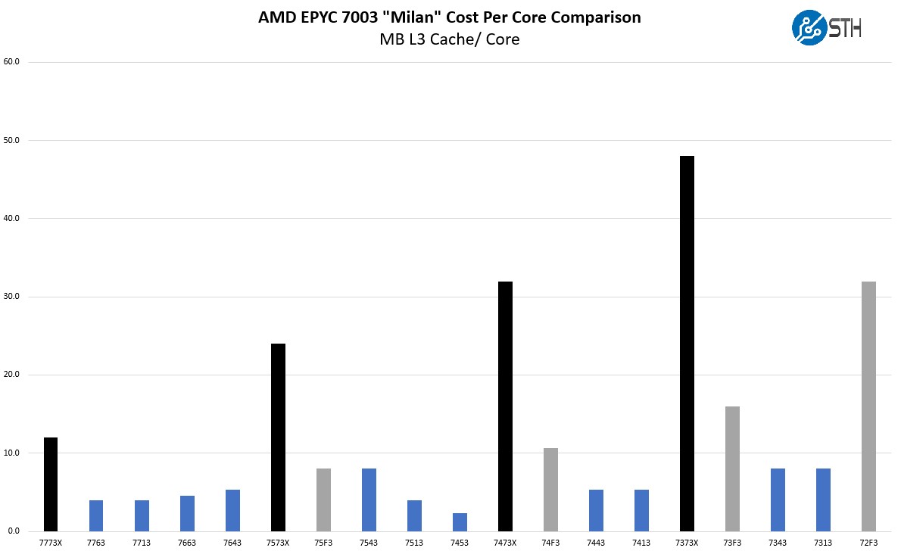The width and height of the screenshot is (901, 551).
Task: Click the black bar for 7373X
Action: (x=687, y=344)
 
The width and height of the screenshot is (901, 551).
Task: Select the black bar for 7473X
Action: (x=505, y=406)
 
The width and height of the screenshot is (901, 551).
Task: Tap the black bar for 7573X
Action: (x=278, y=437)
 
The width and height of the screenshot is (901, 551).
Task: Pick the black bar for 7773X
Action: (x=51, y=484)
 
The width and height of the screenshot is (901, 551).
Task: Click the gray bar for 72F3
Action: (x=868, y=406)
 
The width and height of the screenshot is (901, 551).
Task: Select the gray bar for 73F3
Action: (x=732, y=469)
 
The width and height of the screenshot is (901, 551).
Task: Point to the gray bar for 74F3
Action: (x=550, y=490)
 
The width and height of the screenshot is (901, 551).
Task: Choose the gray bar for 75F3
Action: (x=323, y=500)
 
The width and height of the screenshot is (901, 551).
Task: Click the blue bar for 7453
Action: (x=460, y=522)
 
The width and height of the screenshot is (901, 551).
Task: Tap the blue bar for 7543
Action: (x=369, y=500)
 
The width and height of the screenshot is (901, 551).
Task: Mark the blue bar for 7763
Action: (x=96, y=515)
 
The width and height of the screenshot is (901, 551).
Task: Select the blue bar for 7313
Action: (x=823, y=500)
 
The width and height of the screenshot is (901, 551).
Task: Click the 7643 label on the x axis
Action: (x=232, y=543)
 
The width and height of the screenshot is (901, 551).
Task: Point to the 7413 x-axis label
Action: (x=641, y=543)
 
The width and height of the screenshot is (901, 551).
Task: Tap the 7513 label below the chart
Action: (x=414, y=543)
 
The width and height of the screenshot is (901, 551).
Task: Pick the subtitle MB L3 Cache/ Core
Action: (x=450, y=39)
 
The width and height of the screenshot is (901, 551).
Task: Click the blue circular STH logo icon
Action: (x=809, y=28)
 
